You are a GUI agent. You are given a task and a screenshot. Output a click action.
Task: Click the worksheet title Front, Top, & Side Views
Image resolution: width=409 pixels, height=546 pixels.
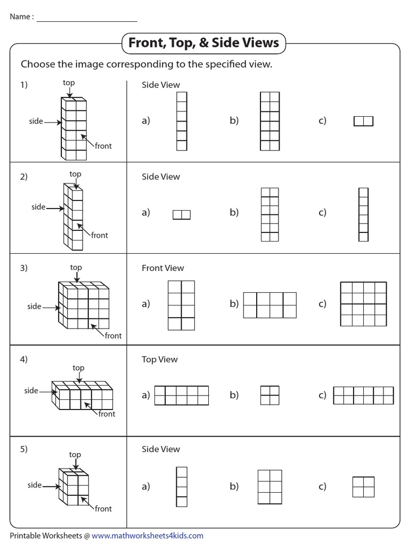[204, 43]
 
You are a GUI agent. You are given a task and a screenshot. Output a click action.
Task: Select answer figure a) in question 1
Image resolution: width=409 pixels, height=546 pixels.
[182, 121]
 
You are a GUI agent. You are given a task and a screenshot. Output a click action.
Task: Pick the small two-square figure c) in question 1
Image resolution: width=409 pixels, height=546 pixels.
[363, 122]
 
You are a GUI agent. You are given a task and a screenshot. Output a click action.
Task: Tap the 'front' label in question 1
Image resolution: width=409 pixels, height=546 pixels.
[103, 146]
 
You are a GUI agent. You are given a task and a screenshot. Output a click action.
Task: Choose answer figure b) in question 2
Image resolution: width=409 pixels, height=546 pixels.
[269, 214]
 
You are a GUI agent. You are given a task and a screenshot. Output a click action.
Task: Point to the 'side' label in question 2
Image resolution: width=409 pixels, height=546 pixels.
[38, 207]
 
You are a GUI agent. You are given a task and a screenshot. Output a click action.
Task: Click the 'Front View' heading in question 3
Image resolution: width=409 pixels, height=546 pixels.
[162, 268]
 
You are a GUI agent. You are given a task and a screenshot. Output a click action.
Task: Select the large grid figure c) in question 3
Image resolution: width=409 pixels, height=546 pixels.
[363, 304]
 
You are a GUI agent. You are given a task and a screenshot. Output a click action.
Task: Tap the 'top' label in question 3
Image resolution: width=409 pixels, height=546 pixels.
[76, 268]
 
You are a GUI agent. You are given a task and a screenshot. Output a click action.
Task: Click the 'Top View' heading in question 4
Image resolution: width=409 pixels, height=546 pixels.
[159, 359]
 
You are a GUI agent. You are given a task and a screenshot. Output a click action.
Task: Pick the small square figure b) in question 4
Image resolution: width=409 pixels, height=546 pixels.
[269, 395]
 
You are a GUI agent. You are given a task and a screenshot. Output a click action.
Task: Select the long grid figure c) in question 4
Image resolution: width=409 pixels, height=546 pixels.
[363, 395]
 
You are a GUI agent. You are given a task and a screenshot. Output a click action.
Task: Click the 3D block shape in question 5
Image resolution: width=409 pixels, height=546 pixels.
[73, 486]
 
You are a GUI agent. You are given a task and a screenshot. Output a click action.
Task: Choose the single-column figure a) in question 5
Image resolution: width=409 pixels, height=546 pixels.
[182, 486]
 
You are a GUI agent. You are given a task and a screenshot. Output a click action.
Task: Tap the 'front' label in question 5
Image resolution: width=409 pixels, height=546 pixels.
[103, 509]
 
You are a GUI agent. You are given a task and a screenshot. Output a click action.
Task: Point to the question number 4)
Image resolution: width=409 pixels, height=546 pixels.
[24, 359]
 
